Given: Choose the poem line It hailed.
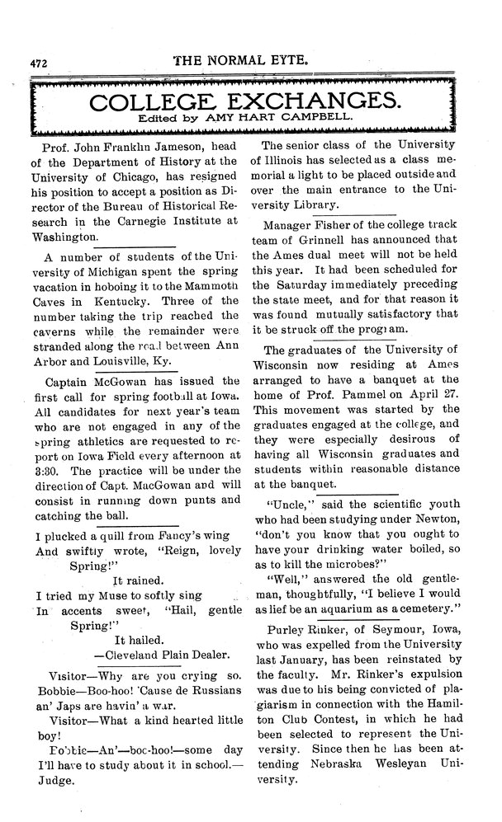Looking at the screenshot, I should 142,638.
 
